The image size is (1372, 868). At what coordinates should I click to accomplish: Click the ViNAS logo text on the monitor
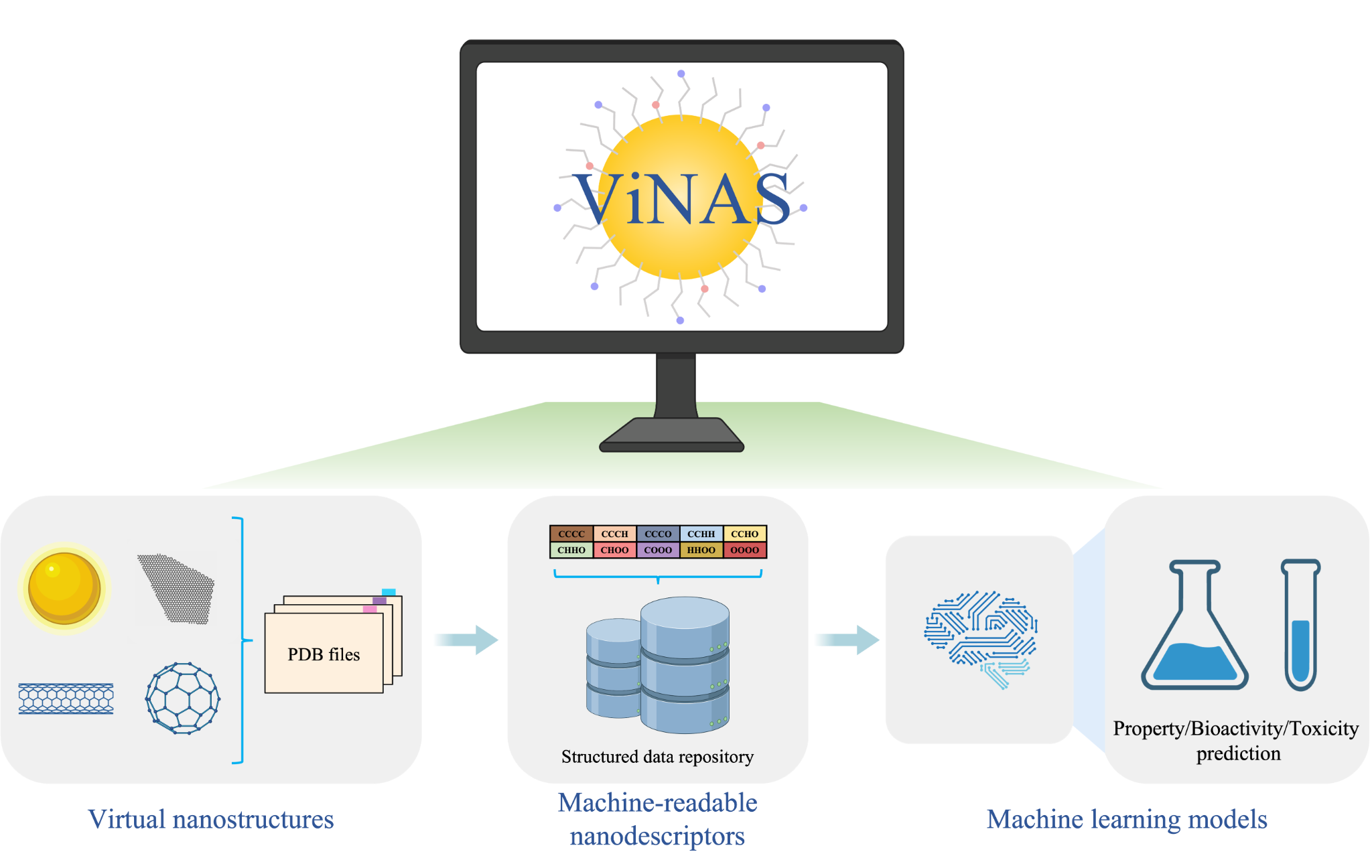(x=682, y=200)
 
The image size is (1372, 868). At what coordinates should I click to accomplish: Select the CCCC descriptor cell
(x=571, y=534)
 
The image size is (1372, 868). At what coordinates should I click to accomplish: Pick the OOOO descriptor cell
(x=744, y=550)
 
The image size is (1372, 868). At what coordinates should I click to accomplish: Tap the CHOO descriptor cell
(x=614, y=550)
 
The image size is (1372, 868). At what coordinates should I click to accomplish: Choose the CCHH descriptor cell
(x=701, y=534)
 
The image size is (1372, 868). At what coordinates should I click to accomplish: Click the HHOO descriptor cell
(x=701, y=550)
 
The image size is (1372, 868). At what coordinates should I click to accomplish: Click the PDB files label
(x=324, y=654)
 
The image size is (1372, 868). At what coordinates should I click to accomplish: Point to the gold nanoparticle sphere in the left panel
(x=64, y=588)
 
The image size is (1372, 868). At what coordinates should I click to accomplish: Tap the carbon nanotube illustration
(x=66, y=699)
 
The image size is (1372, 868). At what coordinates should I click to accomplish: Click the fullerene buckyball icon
(x=182, y=698)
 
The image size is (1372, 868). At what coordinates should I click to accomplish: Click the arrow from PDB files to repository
(x=466, y=640)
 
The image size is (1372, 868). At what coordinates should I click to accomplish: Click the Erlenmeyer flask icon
(x=1194, y=630)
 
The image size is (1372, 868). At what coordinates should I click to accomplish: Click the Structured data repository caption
(x=657, y=757)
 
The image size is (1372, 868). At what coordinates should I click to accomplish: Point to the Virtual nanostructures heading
(x=210, y=819)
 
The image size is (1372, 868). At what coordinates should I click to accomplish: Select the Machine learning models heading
(x=1127, y=819)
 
